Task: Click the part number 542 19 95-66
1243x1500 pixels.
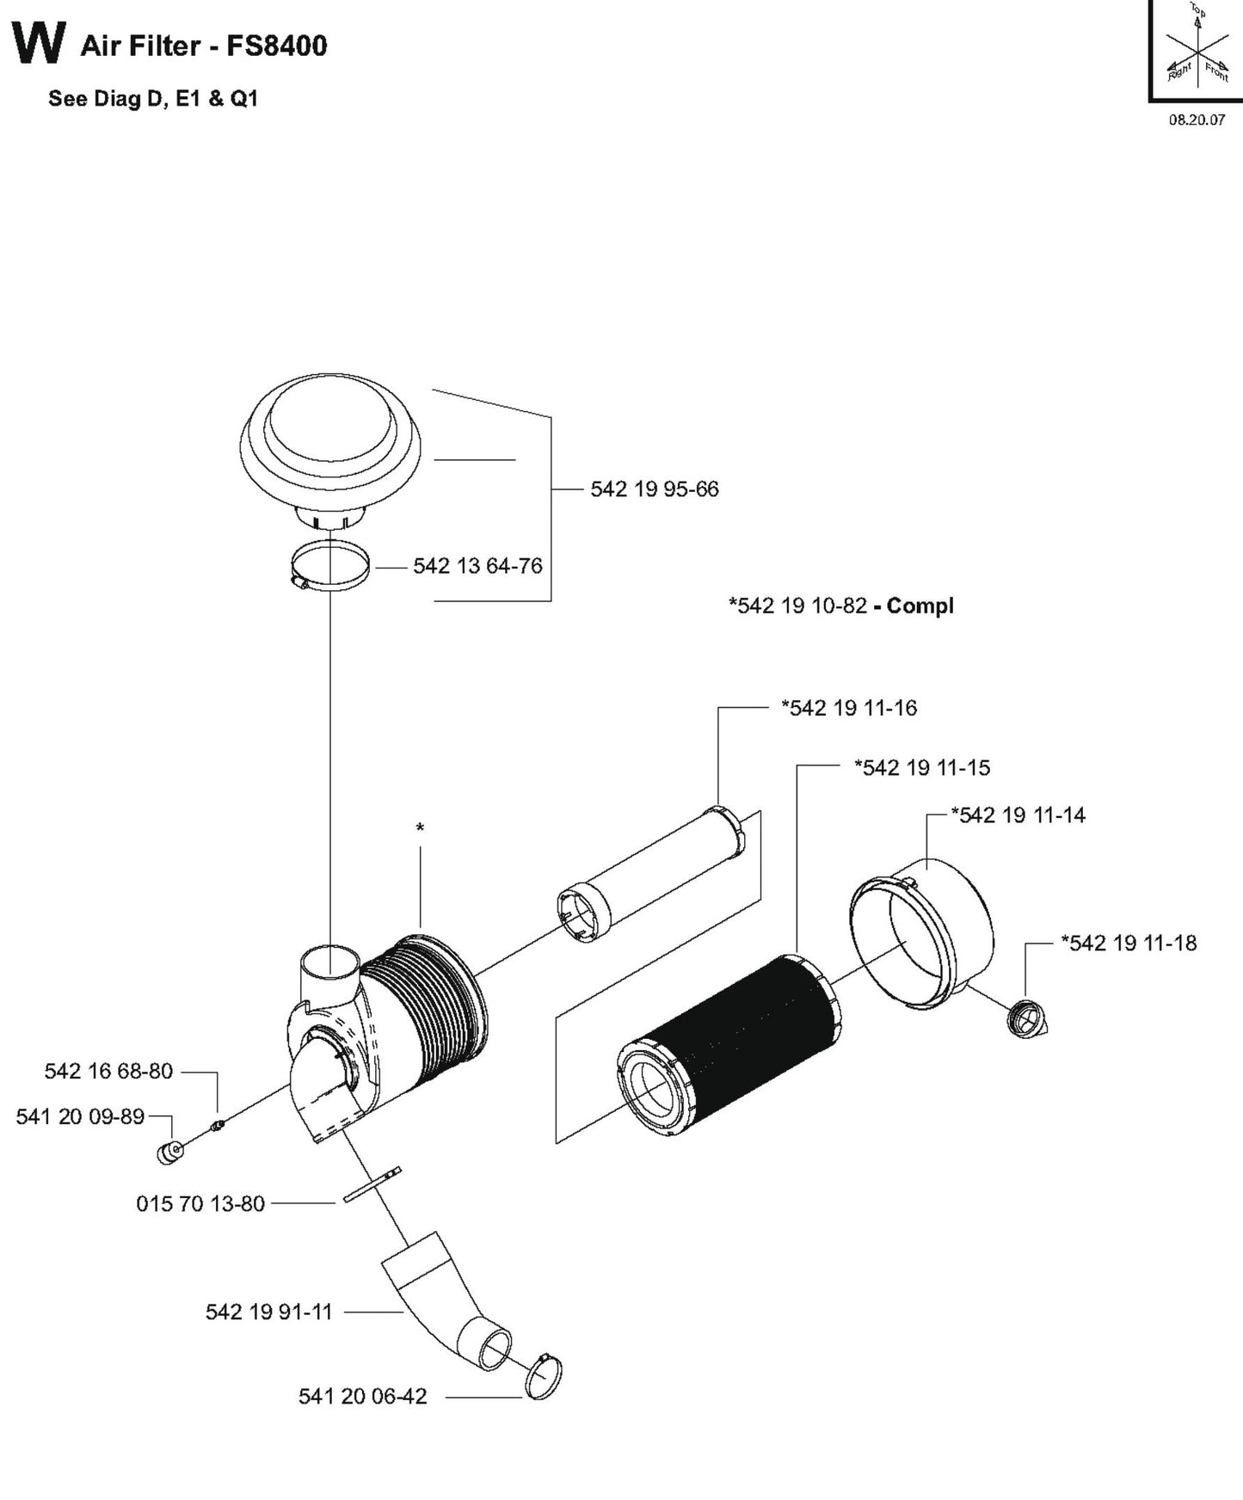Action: pos(654,489)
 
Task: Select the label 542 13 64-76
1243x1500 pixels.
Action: pos(477,566)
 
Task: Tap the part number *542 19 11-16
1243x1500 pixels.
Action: pos(848,708)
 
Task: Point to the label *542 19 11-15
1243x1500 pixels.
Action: pos(921,767)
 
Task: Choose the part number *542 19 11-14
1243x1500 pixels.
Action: pos(1018,815)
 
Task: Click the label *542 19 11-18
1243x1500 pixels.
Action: pos(1129,943)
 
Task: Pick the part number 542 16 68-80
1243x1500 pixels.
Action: pos(108,1071)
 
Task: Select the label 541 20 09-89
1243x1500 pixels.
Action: pos(80,1116)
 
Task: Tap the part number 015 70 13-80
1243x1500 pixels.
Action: pos(200,1203)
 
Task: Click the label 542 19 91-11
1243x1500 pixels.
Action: pos(268,1312)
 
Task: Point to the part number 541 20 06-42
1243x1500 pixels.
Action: pos(362,1396)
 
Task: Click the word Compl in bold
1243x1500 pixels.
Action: pos(920,606)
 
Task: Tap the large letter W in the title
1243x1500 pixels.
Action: pos(39,43)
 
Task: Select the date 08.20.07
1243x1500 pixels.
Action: pos(1196,120)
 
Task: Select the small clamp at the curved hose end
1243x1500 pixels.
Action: pos(543,1375)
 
